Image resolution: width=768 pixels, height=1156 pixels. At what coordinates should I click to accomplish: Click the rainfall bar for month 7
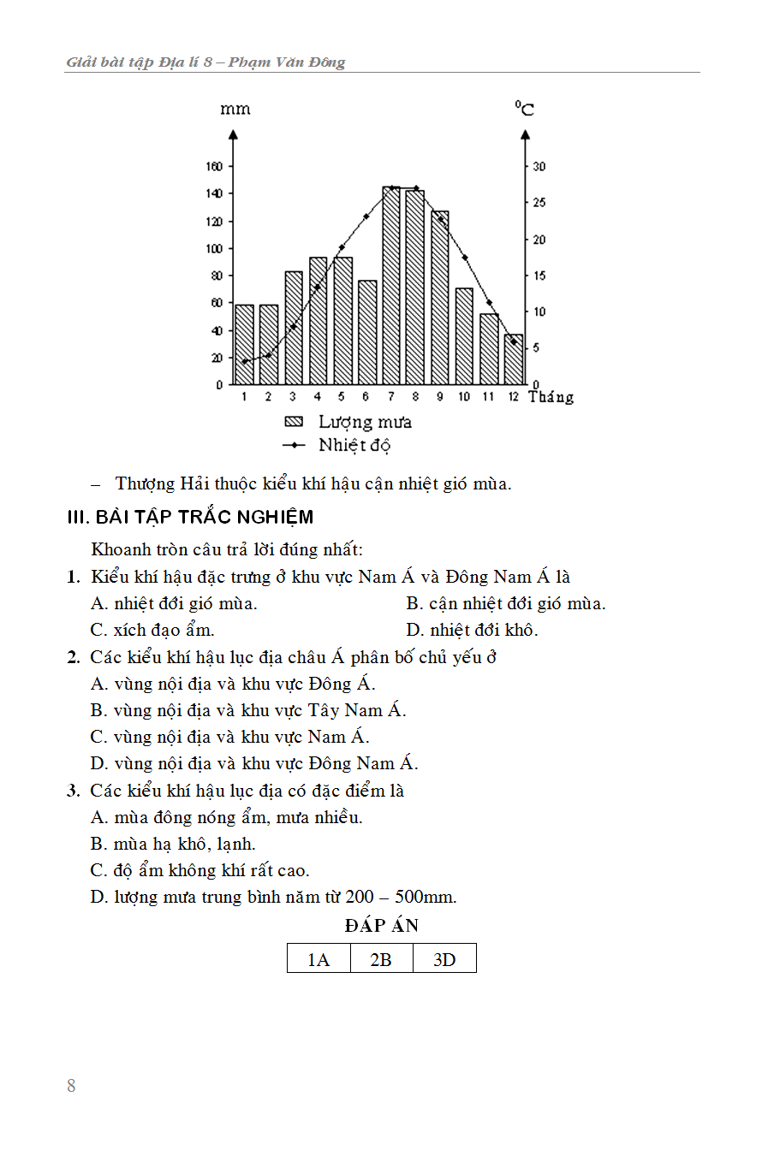click(391, 287)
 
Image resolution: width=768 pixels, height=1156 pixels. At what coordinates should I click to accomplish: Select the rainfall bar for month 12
click(514, 360)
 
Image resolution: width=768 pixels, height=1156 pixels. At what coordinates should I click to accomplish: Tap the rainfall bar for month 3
click(294, 329)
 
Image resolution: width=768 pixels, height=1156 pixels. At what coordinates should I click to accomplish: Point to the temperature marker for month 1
click(244, 362)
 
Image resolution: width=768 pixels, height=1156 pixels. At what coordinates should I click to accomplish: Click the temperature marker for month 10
click(465, 258)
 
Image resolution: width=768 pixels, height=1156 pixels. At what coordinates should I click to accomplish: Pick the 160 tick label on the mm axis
click(213, 166)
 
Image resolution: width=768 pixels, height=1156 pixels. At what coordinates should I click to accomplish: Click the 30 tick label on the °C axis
click(539, 166)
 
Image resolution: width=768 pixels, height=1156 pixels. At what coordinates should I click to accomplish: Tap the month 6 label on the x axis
click(366, 397)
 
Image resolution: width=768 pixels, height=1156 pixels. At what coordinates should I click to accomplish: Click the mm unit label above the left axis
click(235, 110)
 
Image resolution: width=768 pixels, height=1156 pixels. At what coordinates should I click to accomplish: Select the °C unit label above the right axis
click(524, 109)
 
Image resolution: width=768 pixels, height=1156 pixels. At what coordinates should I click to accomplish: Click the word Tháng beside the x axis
click(551, 397)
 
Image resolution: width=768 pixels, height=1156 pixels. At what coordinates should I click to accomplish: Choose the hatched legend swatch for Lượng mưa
click(294, 422)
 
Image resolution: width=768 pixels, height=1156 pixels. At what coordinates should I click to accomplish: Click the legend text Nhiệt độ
click(354, 445)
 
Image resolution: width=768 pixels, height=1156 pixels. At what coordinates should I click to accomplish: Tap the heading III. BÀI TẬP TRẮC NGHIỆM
click(190, 517)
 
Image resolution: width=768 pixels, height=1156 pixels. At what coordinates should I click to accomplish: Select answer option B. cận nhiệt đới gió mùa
click(506, 603)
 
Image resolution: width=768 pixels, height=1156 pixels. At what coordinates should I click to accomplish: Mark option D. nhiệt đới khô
click(472, 630)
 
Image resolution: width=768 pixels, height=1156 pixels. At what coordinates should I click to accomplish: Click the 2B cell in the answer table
click(381, 959)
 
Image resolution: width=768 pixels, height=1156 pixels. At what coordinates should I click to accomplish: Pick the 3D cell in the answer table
click(444, 959)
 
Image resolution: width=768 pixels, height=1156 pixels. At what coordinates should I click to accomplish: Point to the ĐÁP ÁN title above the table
click(381, 926)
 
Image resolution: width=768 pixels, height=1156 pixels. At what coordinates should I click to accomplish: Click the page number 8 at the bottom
click(71, 1086)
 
